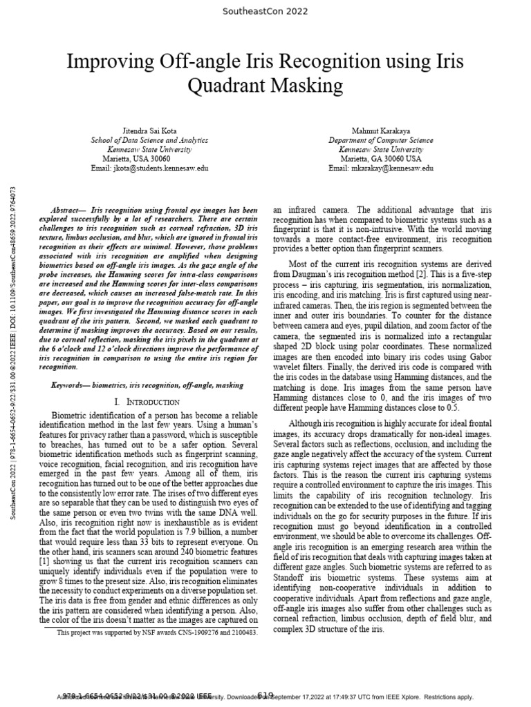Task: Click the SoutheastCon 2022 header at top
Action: pos(265,12)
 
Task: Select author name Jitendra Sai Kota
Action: pos(149,129)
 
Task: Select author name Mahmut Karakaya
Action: pos(381,129)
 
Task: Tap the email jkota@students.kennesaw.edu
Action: pos(149,168)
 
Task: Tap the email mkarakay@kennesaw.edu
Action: pos(381,168)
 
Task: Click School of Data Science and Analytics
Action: pos(149,139)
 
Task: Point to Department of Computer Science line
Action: pos(381,139)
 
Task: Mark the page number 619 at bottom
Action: pos(265,695)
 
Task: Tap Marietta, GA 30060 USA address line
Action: pos(381,158)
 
